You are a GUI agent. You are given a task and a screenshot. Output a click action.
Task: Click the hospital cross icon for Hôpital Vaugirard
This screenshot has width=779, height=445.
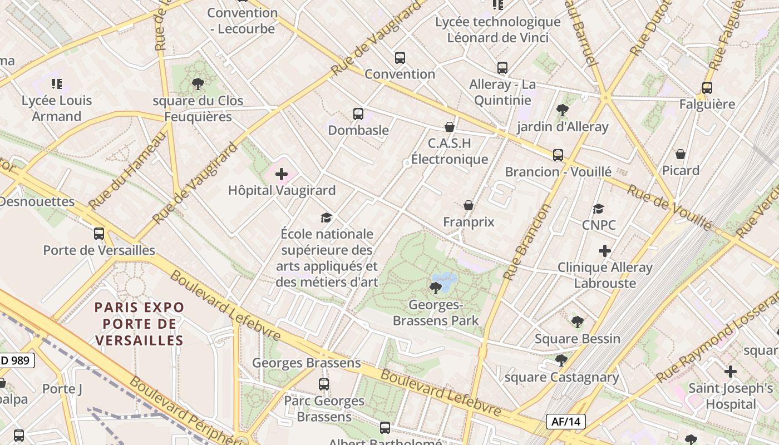(x=282, y=174)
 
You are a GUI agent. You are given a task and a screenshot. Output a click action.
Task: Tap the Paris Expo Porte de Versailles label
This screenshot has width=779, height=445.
(x=139, y=324)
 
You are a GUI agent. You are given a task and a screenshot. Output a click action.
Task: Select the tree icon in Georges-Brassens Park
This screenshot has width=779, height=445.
(x=436, y=288)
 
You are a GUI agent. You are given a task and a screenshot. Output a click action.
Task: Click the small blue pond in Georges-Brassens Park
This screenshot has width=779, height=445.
(x=445, y=278)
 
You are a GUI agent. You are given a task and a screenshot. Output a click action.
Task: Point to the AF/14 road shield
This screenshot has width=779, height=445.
(x=566, y=422)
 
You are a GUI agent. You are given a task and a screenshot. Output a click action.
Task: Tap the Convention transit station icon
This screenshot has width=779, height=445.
(x=400, y=57)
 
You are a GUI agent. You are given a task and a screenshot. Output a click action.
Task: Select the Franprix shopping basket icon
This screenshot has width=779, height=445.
(x=469, y=205)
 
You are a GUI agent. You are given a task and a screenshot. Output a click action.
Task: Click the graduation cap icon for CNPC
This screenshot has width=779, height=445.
(x=599, y=209)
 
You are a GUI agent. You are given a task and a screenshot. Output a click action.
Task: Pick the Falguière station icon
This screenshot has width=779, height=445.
(x=707, y=87)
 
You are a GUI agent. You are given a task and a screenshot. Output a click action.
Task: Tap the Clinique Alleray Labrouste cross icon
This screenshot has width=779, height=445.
(x=605, y=251)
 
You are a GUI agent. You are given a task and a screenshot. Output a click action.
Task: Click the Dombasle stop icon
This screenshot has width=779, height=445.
(x=358, y=114)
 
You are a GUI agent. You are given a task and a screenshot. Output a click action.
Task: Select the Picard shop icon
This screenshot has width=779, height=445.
(x=680, y=154)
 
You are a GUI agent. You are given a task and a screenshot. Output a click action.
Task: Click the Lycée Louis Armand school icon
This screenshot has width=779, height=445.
(x=56, y=84)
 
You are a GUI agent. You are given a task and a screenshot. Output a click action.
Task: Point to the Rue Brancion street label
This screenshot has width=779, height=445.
(x=526, y=241)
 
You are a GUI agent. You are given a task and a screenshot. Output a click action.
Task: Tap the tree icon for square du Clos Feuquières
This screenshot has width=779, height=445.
(x=198, y=84)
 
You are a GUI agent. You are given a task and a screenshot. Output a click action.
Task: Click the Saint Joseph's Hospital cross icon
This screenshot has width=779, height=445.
(x=731, y=371)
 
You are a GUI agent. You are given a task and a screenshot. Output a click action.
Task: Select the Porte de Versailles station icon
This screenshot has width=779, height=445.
(x=99, y=234)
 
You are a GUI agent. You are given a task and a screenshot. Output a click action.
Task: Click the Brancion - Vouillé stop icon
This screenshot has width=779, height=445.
(x=558, y=155)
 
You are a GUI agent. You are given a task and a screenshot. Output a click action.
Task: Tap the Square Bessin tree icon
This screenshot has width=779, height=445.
(x=578, y=322)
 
